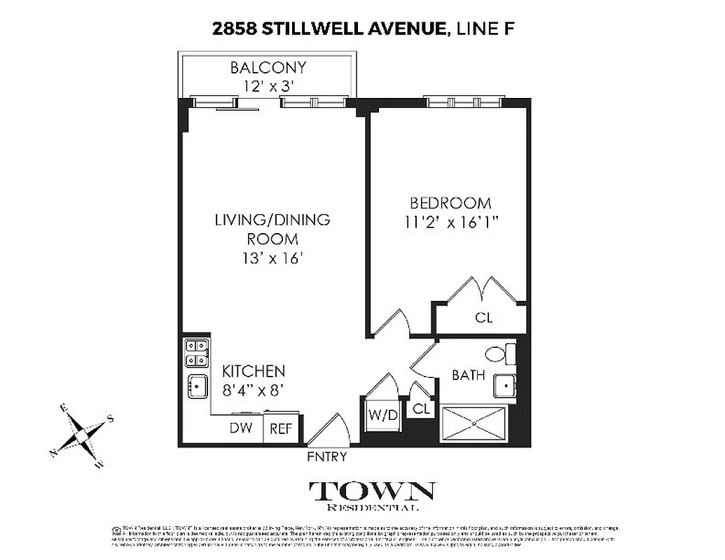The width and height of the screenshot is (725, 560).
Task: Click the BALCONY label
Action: coord(268,68)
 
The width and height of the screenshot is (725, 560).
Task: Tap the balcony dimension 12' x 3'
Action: coord(268,87)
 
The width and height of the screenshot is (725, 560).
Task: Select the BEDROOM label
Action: coord(450,203)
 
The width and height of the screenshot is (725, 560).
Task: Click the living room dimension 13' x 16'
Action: coord(272,258)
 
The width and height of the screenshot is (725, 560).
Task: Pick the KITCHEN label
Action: coord(254,371)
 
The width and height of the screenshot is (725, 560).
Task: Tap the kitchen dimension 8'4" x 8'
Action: coord(254,391)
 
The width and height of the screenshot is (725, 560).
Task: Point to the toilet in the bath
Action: coord(500,354)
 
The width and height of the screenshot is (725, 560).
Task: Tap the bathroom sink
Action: coord(504,386)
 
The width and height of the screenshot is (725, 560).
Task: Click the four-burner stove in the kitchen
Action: coord(195,353)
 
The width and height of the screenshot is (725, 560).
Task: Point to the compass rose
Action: coord(82,436)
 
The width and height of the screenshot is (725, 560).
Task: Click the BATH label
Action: coord(468,375)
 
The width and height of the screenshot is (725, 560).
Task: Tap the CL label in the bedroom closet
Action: coord(483,317)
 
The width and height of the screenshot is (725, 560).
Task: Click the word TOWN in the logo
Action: coord(371,491)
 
